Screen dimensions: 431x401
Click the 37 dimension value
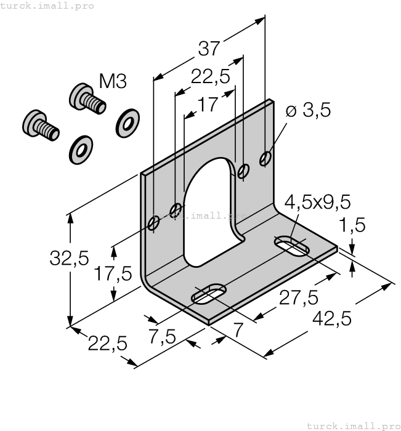click(209, 47)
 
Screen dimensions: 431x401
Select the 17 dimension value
click(209, 104)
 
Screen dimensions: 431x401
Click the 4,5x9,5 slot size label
click(317, 202)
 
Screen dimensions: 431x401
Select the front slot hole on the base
click(209, 294)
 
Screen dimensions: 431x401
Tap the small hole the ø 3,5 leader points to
click(265, 159)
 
